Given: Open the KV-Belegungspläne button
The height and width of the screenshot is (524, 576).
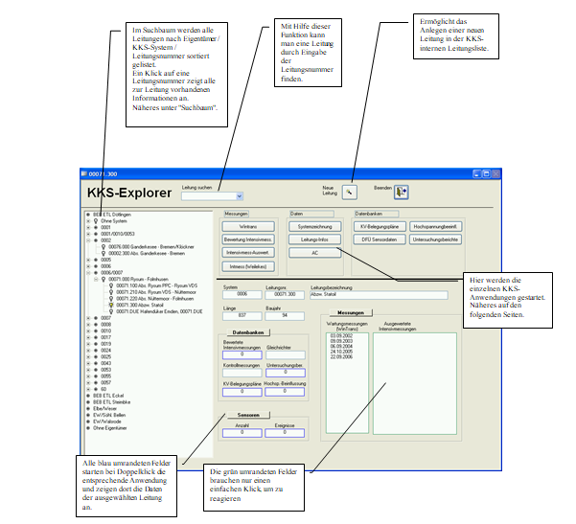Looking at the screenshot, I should [380, 225].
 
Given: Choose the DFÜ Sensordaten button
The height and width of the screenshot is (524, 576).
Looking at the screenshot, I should [380, 239].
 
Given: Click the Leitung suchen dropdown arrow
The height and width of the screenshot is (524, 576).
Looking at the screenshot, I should [226, 194].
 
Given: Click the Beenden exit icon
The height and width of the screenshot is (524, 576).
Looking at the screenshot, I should [400, 192].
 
